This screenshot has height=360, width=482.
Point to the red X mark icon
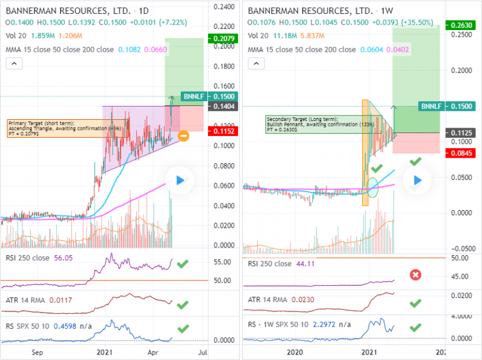(x=415, y=275)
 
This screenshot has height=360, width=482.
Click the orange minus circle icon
(x=183, y=135)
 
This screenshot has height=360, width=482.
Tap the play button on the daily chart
(x=180, y=180)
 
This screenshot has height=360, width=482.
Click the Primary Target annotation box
(x=48, y=129)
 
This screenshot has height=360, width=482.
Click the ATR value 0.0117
(x=61, y=300)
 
